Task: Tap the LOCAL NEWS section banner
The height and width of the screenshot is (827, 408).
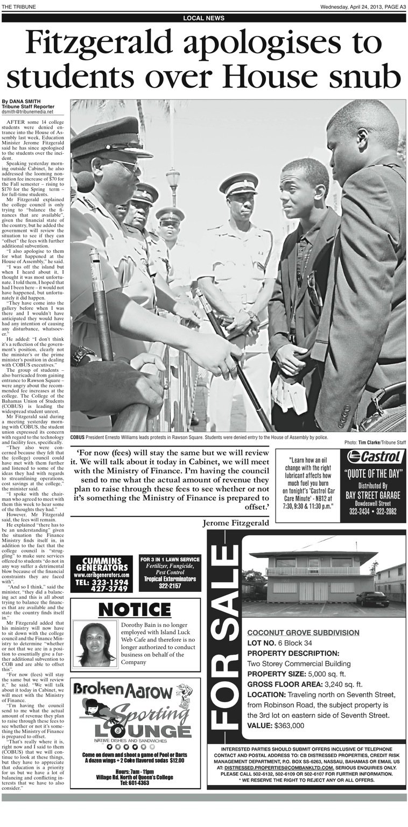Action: point(203,18)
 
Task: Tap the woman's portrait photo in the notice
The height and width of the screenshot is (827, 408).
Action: point(95,644)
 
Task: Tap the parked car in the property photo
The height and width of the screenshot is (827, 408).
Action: point(372,599)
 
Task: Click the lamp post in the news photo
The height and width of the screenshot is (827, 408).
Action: point(172,188)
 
